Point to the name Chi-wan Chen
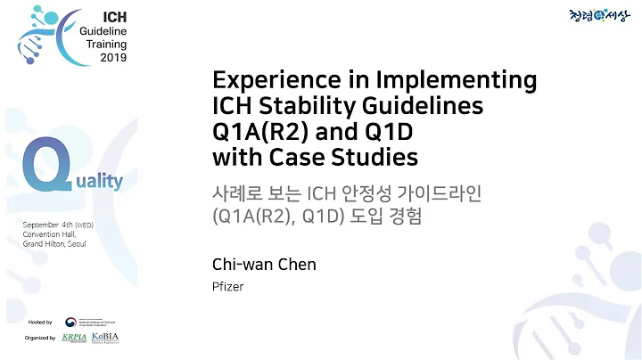tap(264, 265)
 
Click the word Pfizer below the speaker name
tap(226, 287)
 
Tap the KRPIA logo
tap(74, 338)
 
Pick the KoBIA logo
tap(105, 338)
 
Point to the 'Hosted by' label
tap(41, 322)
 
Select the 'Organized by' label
tap(41, 339)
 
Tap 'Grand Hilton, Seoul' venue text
tap(54, 243)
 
